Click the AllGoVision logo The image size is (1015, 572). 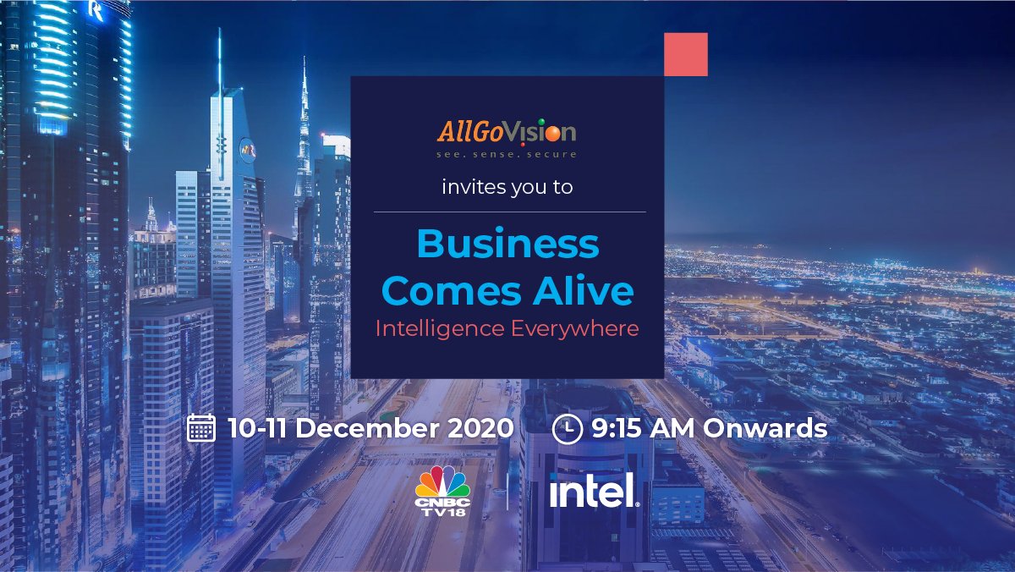[507, 133]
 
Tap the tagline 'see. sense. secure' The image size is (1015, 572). [507, 155]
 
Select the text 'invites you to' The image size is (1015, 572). [507, 187]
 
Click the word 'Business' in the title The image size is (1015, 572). [507, 245]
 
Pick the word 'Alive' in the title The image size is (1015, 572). [589, 290]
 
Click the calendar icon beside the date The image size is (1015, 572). [201, 428]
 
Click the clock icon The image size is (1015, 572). [567, 429]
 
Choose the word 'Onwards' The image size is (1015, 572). [765, 428]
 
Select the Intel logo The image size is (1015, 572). [594, 491]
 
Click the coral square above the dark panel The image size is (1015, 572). [685, 54]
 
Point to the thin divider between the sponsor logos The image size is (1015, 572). [507, 491]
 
